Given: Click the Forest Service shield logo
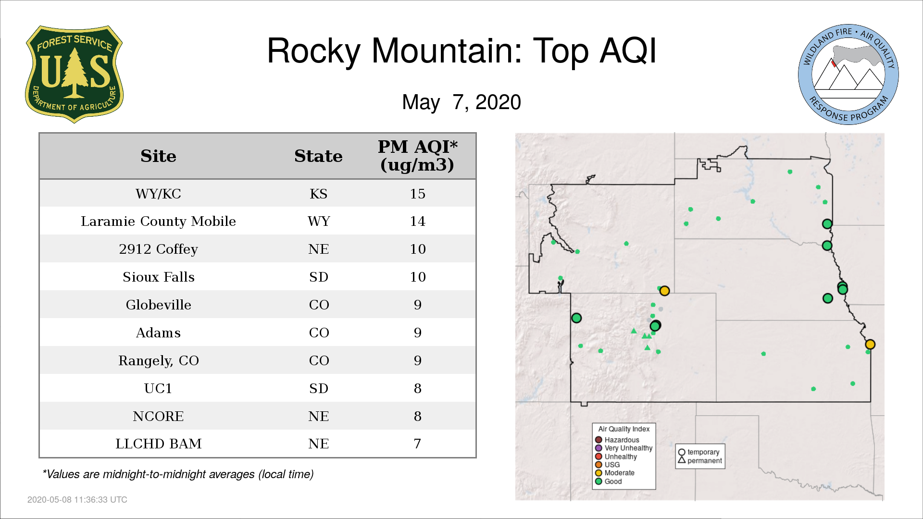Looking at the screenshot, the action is [x=74, y=74].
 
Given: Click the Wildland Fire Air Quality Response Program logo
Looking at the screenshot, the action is [x=848, y=74].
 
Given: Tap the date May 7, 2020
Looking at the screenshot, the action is [x=461, y=102].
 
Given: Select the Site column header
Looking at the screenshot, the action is [x=158, y=156].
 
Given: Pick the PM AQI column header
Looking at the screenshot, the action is [x=417, y=156].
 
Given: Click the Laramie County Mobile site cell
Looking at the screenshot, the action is [x=158, y=221].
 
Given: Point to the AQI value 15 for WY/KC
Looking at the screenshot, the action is [x=417, y=194].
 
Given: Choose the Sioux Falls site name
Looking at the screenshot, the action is [x=158, y=277].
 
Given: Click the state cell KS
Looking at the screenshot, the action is [x=318, y=194].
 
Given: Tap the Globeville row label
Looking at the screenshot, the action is [x=158, y=305].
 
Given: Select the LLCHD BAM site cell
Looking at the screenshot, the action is [x=158, y=444].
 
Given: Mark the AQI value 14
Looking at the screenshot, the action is [x=417, y=221].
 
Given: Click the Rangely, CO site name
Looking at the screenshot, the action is [x=158, y=360].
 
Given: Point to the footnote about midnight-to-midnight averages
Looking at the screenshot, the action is [x=178, y=474].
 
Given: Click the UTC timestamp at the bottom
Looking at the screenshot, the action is [x=77, y=500].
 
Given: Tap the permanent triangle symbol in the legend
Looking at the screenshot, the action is [x=682, y=460].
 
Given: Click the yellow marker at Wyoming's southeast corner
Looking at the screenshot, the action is [x=664, y=291].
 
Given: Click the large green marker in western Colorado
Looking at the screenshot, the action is [x=576, y=318].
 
